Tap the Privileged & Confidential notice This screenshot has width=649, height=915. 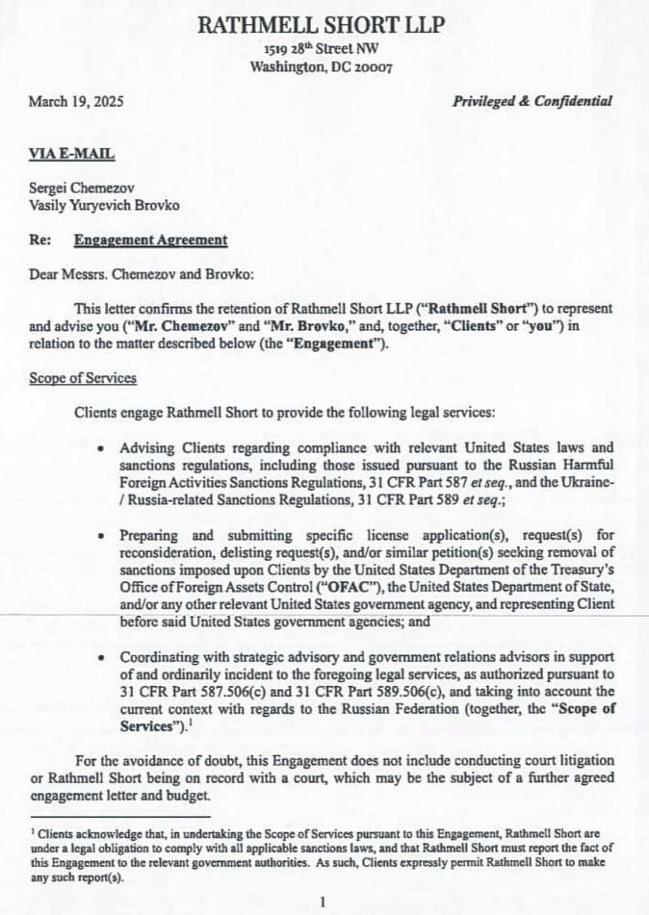point(532,101)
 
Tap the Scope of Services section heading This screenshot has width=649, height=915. point(83,378)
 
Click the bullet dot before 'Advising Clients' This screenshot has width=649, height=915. point(102,448)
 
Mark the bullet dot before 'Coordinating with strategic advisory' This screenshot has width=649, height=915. point(102,658)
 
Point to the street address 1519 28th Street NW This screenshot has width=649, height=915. point(321,49)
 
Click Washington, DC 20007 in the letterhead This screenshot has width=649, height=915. point(321,66)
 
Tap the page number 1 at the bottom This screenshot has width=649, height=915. point(324,902)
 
